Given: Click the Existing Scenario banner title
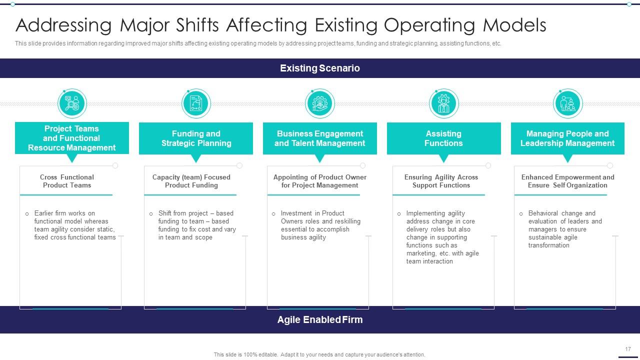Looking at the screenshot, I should click(319, 68).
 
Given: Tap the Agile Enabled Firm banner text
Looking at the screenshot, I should click(319, 319).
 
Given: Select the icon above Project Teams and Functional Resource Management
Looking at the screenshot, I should click(72, 103).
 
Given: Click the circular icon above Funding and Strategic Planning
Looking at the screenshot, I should click(196, 103).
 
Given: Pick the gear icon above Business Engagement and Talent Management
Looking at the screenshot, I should click(319, 103).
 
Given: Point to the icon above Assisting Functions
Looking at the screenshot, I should click(443, 103).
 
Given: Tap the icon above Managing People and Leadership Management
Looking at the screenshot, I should click(567, 103).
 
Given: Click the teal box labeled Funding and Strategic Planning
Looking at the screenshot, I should click(196, 138).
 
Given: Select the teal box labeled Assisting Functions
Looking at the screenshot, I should click(443, 138).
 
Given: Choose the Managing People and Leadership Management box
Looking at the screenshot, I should click(567, 138).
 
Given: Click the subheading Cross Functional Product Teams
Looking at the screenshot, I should click(67, 181).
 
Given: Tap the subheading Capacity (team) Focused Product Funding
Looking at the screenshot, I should click(191, 181).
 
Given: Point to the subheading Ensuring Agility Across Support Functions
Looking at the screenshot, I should click(441, 181).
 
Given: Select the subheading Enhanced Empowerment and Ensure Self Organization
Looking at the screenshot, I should click(567, 181).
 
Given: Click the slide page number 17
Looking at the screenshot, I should click(628, 349).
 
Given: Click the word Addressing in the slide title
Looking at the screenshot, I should click(63, 25).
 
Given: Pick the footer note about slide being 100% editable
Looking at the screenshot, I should click(319, 354).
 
